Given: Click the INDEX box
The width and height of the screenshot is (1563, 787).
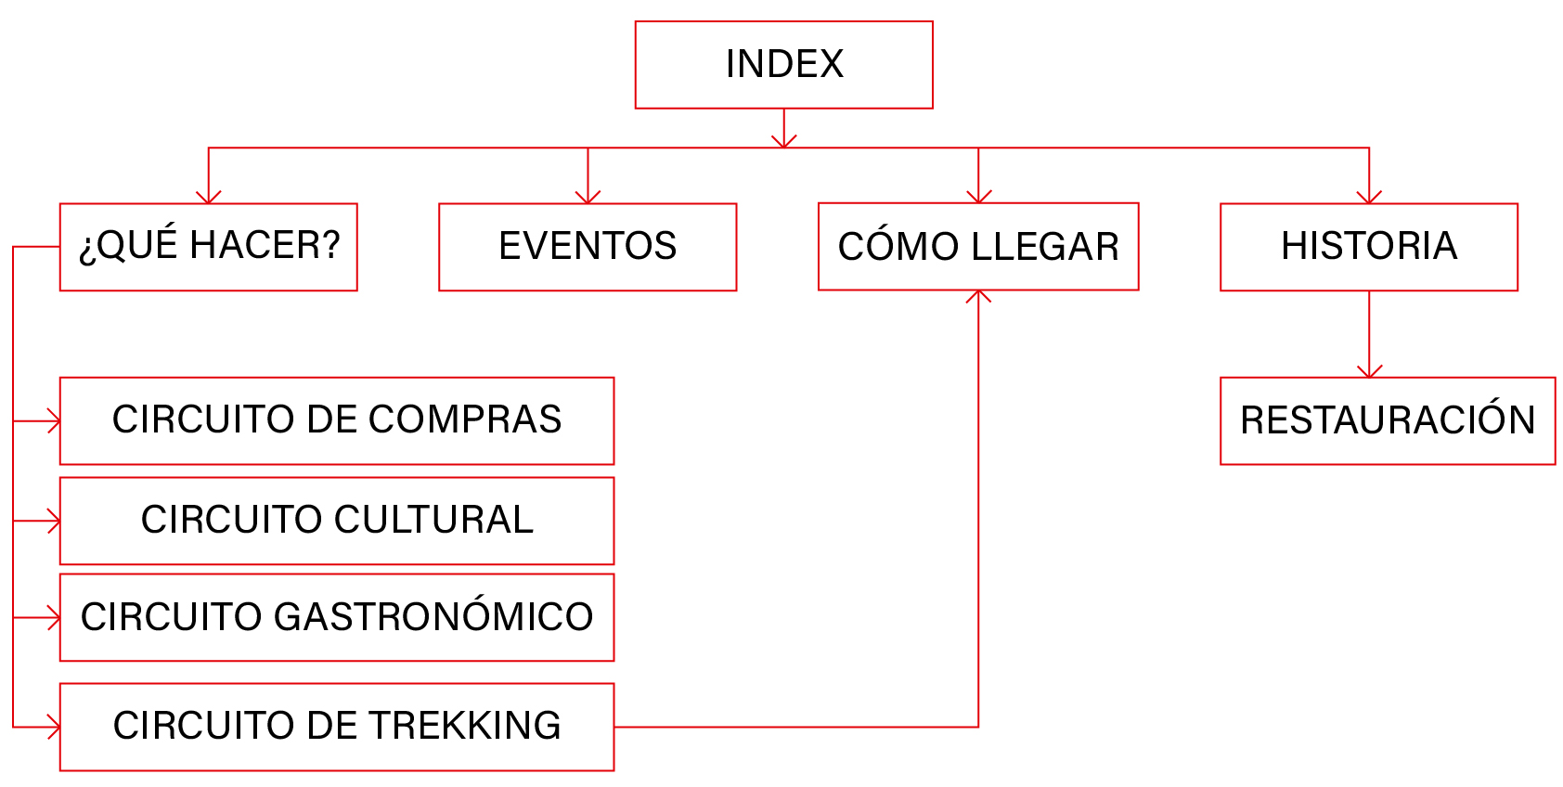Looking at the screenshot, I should pyautogui.click(x=783, y=65).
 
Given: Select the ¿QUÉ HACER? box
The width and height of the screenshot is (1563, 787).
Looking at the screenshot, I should pyautogui.click(x=208, y=247).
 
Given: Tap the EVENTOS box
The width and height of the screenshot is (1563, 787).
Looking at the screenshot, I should pyautogui.click(x=588, y=247).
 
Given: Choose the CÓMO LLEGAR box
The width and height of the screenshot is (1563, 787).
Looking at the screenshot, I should pyautogui.click(x=978, y=247).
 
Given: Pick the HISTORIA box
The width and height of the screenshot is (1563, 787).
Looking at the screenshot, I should pyautogui.click(x=1368, y=247).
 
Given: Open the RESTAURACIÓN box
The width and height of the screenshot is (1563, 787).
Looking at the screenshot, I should pyautogui.click(x=1387, y=420).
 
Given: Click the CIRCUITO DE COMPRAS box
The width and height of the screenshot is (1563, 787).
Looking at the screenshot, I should pyautogui.click(x=336, y=420).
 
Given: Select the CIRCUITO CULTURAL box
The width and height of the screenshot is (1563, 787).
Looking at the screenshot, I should pyautogui.click(x=336, y=521).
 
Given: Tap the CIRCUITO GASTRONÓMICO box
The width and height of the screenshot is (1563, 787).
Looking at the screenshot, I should pyautogui.click(x=336, y=617).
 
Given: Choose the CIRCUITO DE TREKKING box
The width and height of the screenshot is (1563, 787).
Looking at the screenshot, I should pyautogui.click(x=336, y=727).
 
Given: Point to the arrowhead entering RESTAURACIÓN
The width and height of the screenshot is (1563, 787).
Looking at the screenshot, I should pyautogui.click(x=1369, y=371).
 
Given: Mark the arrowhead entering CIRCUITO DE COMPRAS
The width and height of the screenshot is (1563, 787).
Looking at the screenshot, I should pyautogui.click(x=54, y=421).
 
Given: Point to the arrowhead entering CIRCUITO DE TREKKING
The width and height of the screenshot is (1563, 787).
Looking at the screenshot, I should pyautogui.click(x=54, y=727).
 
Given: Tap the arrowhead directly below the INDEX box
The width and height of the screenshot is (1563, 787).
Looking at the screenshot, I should pyautogui.click(x=784, y=141).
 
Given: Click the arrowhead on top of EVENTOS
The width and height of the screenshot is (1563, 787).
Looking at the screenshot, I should pyautogui.click(x=588, y=197).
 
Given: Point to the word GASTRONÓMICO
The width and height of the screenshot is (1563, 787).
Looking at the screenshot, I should pyautogui.click(x=433, y=617).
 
